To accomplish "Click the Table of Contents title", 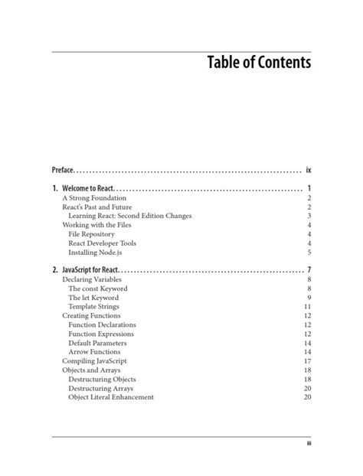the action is pos(259,62).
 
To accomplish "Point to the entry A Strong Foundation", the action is pos(94,197).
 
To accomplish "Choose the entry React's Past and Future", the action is pos(96,207).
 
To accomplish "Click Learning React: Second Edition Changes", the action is pos(129,216).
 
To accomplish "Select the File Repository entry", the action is pos(91,234).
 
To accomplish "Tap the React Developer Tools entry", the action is pos(102,243).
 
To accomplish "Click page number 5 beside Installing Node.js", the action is pos(309,252).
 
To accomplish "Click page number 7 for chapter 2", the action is pos(309,270).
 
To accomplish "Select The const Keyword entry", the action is pos(97,289).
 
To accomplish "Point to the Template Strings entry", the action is pos(93,306).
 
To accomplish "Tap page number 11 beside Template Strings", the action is pos(307,306).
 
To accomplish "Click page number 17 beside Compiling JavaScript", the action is pos(307,360).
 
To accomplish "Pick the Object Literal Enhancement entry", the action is pos(111,396).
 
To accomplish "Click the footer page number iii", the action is pos(308,444).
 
